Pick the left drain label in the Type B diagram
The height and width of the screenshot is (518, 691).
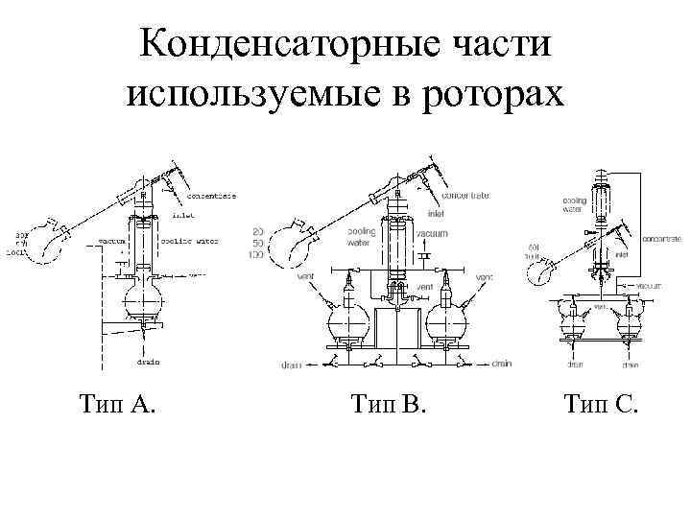click(x=293, y=365)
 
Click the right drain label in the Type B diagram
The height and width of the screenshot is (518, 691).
click(x=503, y=365)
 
